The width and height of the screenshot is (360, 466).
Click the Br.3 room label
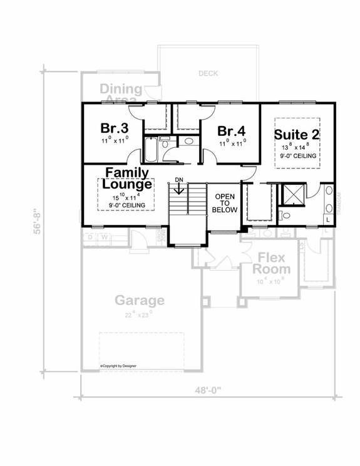click(x=115, y=128)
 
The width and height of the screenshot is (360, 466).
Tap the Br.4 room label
click(x=230, y=131)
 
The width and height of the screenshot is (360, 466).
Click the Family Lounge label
click(x=127, y=179)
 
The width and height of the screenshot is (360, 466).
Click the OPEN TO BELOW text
click(x=225, y=204)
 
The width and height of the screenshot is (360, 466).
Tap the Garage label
click(x=139, y=300)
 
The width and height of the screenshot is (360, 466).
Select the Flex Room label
click(x=270, y=264)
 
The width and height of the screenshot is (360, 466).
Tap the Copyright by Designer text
click(x=118, y=365)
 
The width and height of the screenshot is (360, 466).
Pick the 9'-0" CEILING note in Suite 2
click(x=297, y=155)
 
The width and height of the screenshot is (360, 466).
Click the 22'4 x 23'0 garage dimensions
click(x=139, y=315)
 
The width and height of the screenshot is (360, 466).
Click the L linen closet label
click(x=329, y=220)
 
